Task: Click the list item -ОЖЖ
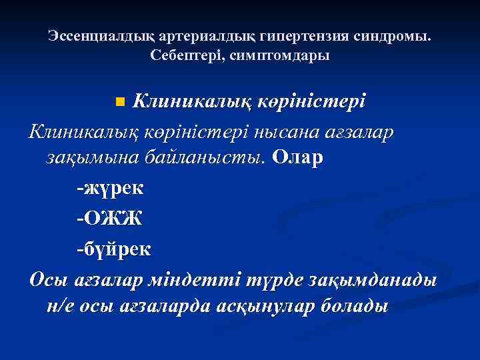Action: click(x=109, y=219)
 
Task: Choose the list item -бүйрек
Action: click(x=113, y=249)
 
